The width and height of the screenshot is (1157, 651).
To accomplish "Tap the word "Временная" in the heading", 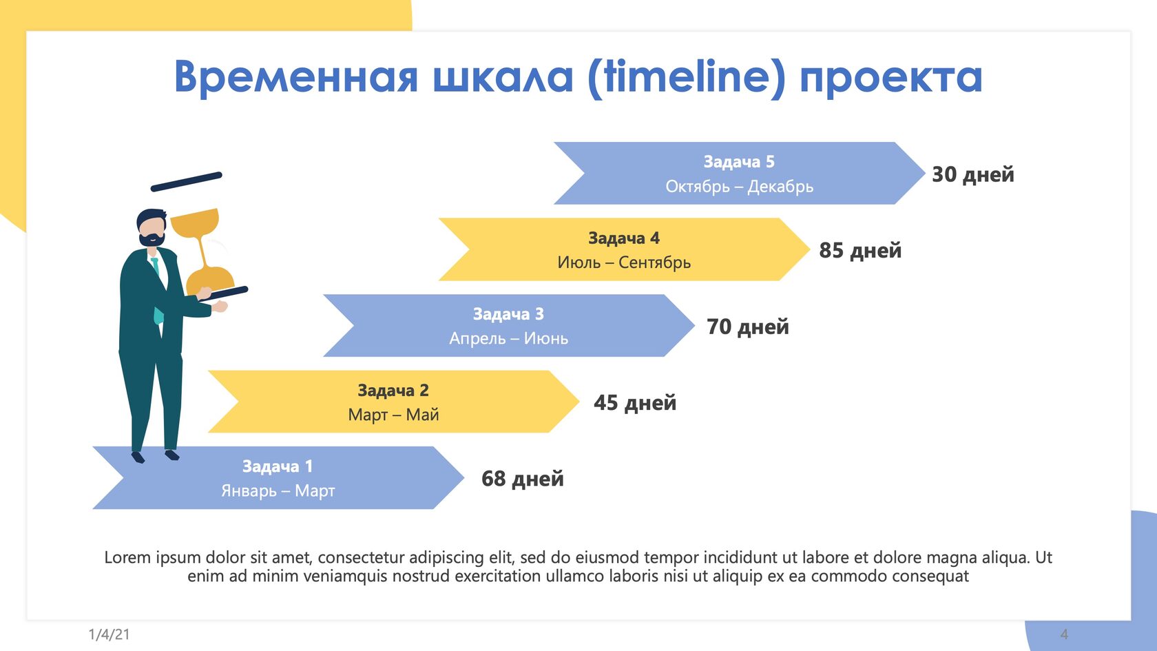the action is tap(296, 77).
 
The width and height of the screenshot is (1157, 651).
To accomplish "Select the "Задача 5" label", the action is tap(739, 162).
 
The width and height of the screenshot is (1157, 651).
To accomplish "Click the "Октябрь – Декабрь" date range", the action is tap(739, 186).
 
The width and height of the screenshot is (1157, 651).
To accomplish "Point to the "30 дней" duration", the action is tap(973, 174).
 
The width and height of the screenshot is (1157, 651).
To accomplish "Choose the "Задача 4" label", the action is tap(624, 238).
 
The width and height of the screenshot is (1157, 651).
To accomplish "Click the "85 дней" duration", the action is tap(861, 250).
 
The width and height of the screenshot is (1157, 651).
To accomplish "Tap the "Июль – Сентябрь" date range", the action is tap(624, 262).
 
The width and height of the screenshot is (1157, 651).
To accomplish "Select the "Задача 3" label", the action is tap(509, 314).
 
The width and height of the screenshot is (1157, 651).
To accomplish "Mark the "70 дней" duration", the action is tap(748, 327).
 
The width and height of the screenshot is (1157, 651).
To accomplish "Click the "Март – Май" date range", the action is tap(394, 415).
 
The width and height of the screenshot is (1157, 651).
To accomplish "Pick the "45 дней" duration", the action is tap(635, 402).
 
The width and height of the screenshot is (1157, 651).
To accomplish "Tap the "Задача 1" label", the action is tap(278, 466).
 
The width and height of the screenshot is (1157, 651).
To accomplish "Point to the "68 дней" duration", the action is tap(523, 478).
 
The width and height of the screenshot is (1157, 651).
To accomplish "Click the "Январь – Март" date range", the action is tap(278, 490).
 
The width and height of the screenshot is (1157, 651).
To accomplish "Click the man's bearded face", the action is tap(152, 230).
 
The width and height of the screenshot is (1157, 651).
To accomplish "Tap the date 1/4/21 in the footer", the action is tap(109, 634).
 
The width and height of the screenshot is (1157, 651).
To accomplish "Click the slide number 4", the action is tap(1064, 634).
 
